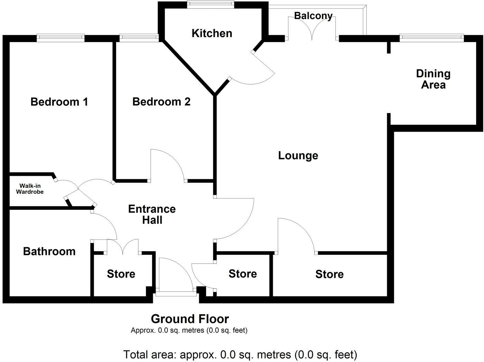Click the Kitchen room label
(212, 33)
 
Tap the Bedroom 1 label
(59, 102)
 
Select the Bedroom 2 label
(161, 102)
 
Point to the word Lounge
(298, 155)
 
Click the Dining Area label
(433, 79)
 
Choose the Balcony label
(313, 16)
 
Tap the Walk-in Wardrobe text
(30, 189)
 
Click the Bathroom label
(49, 251)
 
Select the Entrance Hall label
(152, 214)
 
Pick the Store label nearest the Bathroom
(121, 274)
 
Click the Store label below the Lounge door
(329, 274)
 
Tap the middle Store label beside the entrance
(243, 274)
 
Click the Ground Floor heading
(190, 319)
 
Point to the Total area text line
(240, 354)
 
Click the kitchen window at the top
(210, 4)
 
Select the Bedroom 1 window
(61, 37)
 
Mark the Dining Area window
(432, 37)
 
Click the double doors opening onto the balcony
(313, 28)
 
